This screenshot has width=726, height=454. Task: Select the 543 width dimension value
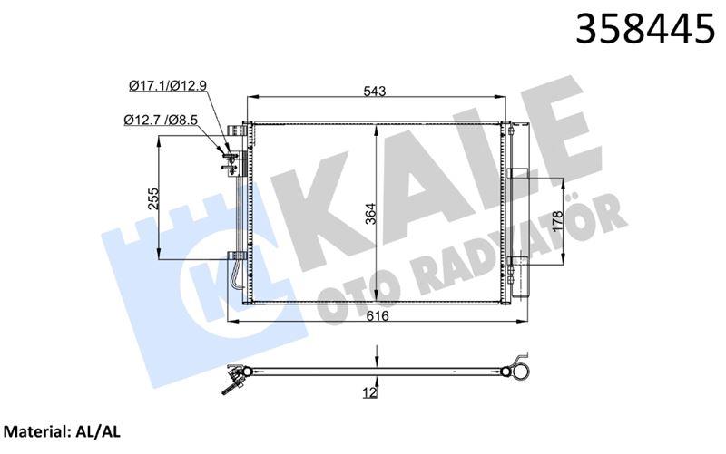pos(375,91)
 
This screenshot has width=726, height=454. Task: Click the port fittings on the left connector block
pos(231,158)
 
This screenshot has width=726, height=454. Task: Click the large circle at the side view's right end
pos(520,371)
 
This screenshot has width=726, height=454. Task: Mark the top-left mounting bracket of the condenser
pos(242,132)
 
